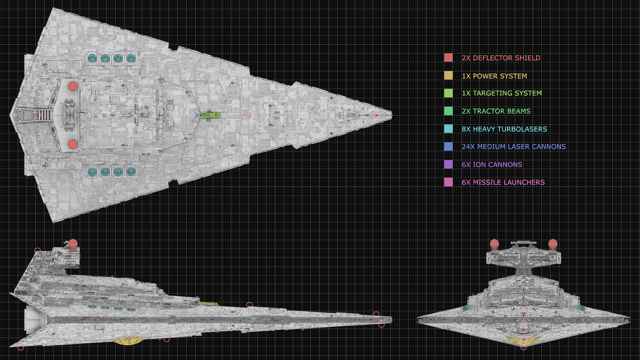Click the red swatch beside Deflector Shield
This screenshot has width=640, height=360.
[449, 58]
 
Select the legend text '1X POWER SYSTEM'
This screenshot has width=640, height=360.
[494, 76]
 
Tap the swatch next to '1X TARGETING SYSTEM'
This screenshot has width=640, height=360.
[449, 93]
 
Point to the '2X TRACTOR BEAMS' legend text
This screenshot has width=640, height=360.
[495, 111]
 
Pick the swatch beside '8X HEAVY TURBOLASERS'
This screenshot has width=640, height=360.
[449, 129]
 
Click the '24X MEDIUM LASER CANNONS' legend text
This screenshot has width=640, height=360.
[513, 147]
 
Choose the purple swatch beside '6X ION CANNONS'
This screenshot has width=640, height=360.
[449, 165]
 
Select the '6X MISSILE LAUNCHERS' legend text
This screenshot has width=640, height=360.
[503, 182]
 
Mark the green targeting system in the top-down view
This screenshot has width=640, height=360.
[210, 115]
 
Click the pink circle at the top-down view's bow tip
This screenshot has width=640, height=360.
[377, 115]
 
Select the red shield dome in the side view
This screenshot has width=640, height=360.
[73, 245]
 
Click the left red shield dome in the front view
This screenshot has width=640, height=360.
[494, 244]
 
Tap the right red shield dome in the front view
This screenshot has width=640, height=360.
[553, 244]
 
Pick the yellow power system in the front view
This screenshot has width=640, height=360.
[523, 340]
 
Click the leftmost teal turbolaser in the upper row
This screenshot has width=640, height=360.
[92, 58]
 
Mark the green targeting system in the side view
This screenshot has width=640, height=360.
[209, 303]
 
